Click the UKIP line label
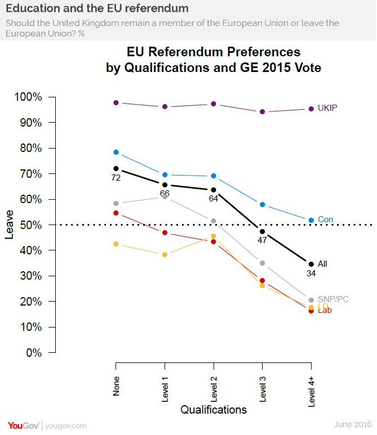tap(327, 108)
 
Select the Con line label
tap(325, 219)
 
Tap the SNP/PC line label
tap(333, 299)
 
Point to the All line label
tap(322, 263)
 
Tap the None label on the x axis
tap(116, 387)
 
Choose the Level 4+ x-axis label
tap(311, 389)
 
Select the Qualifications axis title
tap(214, 410)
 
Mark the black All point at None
tap(116, 168)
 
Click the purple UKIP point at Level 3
tap(262, 111)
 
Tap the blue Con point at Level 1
tap(165, 174)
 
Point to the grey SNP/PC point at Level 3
tap(262, 263)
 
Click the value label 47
tap(263, 241)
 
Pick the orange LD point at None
tap(116, 244)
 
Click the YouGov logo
tap(23, 425)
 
